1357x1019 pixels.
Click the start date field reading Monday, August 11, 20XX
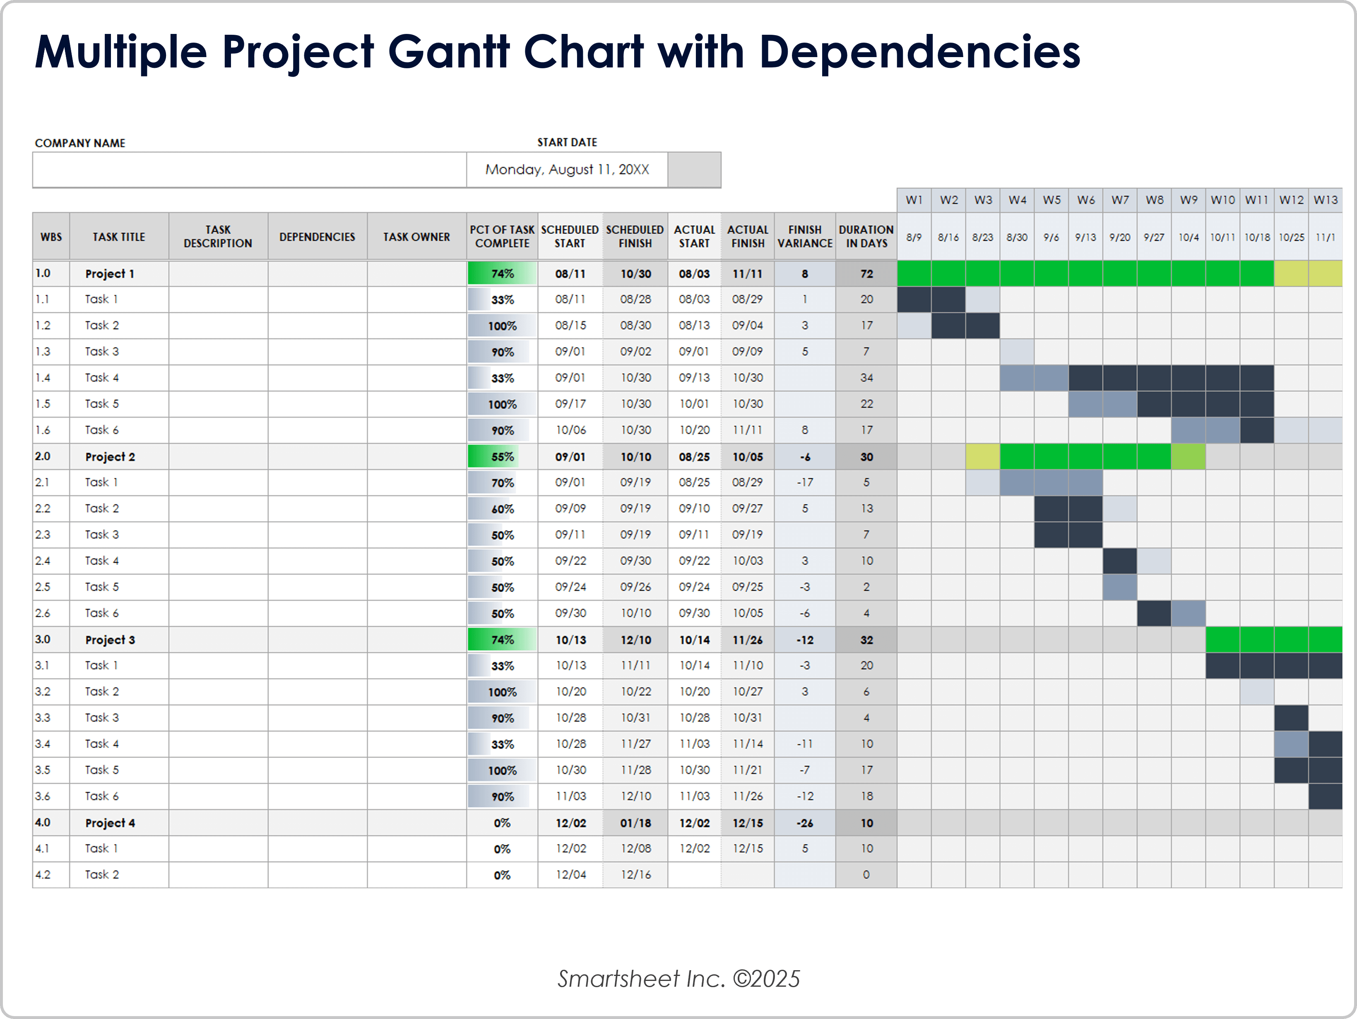tap(567, 170)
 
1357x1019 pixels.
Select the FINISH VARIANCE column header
tap(804, 237)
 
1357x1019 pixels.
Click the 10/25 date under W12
tap(1291, 237)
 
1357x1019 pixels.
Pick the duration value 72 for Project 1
tap(866, 273)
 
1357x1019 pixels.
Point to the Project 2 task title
tap(110, 457)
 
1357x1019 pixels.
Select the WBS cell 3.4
tap(43, 744)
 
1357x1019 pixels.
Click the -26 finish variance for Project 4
tap(804, 823)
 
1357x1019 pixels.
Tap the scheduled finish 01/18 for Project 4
tap(635, 823)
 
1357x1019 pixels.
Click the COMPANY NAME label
tap(80, 143)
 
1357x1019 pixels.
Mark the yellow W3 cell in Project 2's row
tap(982, 457)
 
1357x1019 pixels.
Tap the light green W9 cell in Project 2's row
tap(1188, 457)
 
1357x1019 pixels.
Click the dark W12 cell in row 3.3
tap(1291, 718)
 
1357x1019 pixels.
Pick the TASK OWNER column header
tap(416, 237)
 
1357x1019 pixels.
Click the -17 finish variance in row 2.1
tap(804, 482)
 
